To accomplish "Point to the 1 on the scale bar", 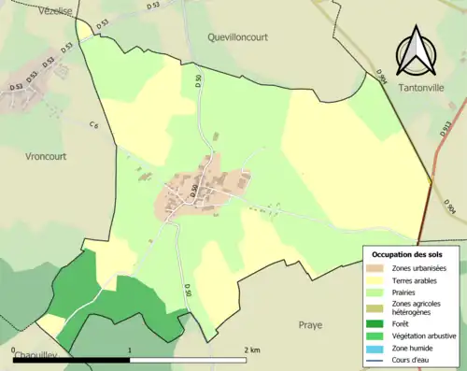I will tap(130, 350).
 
